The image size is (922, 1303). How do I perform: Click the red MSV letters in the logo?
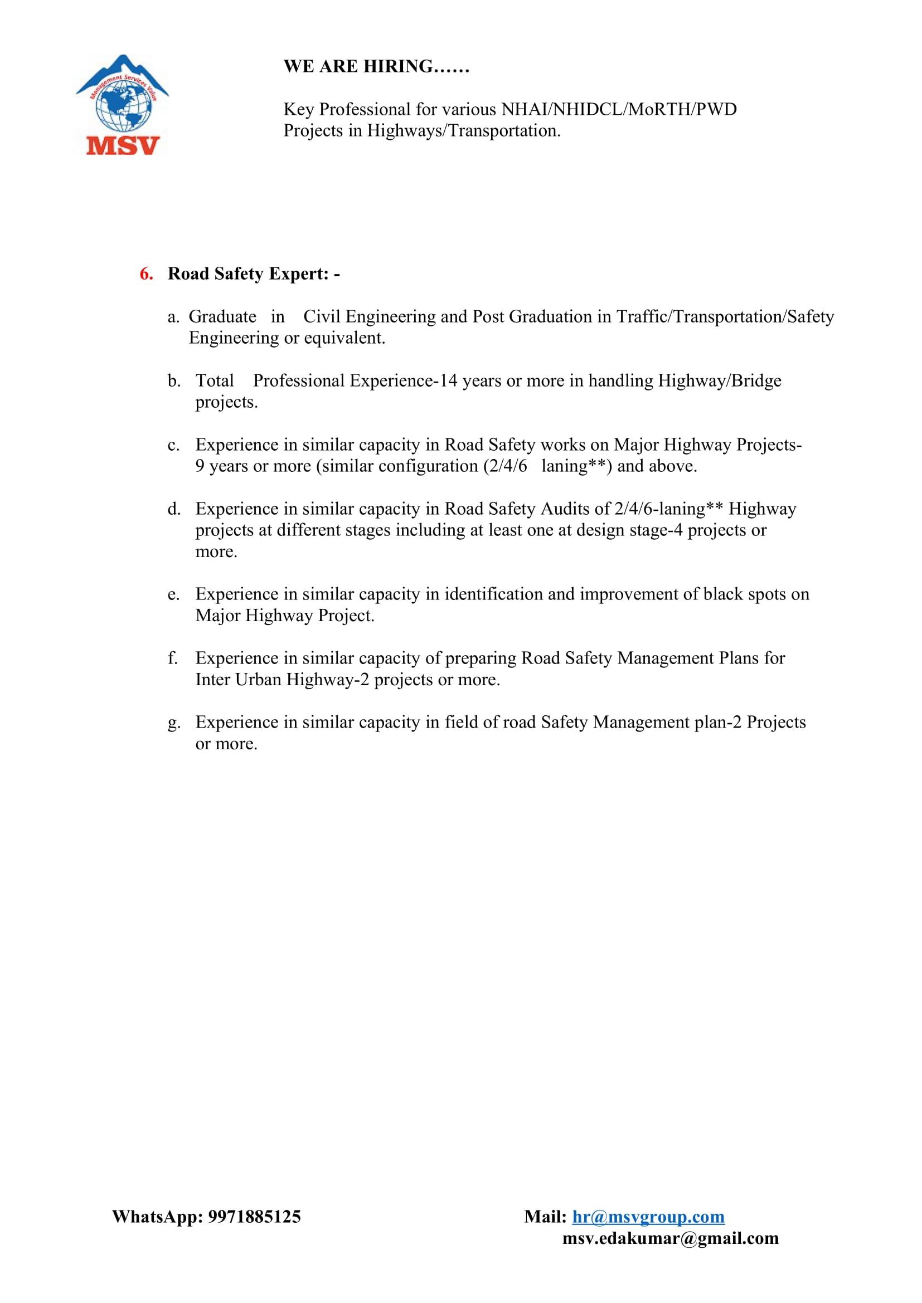click(x=123, y=145)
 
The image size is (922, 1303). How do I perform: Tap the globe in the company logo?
click(x=123, y=107)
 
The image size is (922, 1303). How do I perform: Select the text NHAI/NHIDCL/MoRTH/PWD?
click(x=619, y=109)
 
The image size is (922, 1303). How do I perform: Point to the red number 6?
click(x=146, y=274)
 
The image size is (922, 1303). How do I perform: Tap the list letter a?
click(x=172, y=316)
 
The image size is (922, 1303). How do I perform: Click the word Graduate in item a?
click(x=222, y=316)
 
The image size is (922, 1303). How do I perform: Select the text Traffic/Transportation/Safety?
click(x=725, y=316)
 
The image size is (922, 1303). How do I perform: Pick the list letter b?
click(x=173, y=381)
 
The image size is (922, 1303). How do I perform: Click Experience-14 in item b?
click(x=403, y=381)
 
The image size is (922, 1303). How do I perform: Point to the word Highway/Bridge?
click(x=719, y=381)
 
